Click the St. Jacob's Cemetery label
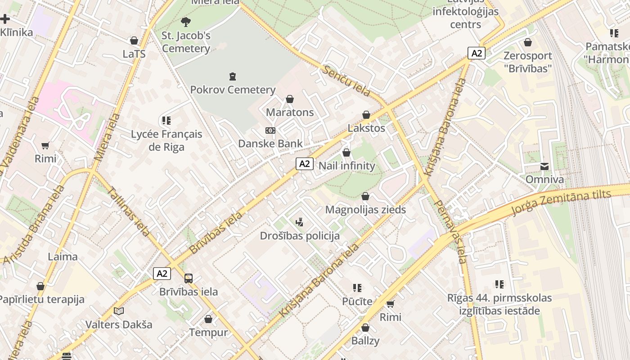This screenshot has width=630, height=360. [186, 42]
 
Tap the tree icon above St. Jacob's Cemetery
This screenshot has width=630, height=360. [185, 22]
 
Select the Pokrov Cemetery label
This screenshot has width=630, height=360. [233, 90]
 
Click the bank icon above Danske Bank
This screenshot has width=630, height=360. [270, 130]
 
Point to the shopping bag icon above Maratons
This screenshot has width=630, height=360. [290, 99]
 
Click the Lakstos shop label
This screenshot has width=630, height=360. [366, 128]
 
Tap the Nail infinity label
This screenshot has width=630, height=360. [346, 166]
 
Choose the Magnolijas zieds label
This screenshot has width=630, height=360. [365, 210]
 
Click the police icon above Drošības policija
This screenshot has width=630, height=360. [300, 222]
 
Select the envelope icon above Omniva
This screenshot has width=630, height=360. [544, 166]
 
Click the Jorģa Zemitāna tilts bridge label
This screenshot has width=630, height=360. [562, 202]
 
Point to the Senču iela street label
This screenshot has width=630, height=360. [346, 81]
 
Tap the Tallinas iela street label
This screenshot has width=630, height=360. [129, 211]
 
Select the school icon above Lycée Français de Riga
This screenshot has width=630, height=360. [166, 121]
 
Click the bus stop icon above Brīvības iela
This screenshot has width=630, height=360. [188, 279]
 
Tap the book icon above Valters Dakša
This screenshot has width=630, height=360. [119, 311]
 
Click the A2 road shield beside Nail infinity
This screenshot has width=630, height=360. [305, 164]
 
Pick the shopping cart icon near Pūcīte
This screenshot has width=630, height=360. [390, 304]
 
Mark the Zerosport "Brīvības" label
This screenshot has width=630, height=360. [527, 62]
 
